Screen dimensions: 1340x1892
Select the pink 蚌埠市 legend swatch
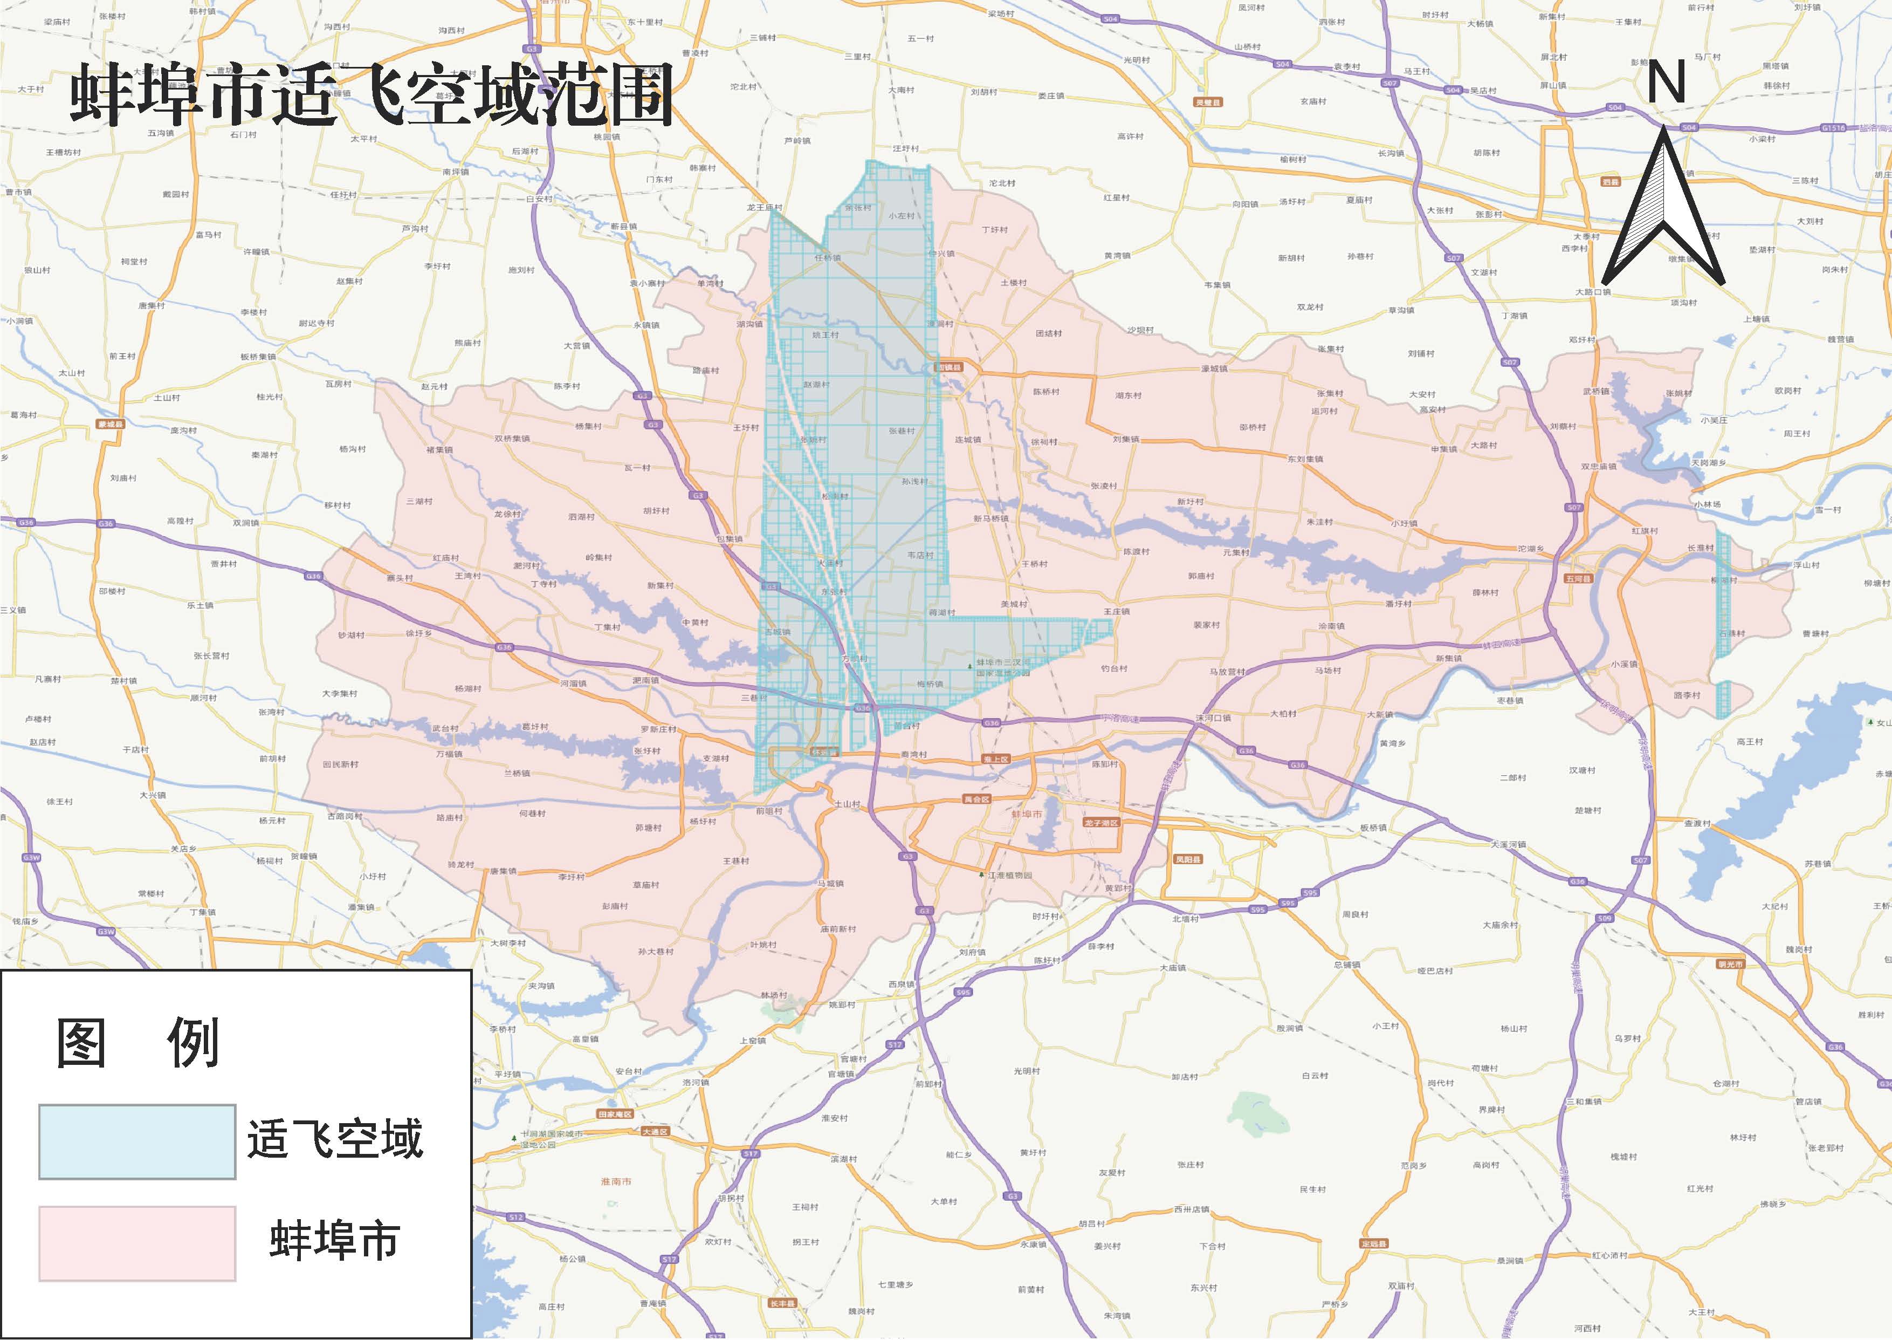coord(137,1243)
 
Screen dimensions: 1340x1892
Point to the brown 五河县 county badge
coord(1577,578)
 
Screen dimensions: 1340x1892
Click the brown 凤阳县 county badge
coord(1188,859)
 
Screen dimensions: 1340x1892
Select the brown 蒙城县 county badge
coord(109,424)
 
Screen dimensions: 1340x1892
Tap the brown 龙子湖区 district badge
coord(1101,823)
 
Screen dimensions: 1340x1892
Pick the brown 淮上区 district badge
coord(995,759)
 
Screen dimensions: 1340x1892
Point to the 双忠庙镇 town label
coord(1598,466)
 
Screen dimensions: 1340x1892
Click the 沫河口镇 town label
coord(1213,718)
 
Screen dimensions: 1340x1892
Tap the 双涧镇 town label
coord(246,522)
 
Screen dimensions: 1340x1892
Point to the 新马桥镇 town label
coord(990,518)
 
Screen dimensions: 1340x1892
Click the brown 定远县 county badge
coord(1373,1243)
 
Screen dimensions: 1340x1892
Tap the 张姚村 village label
coord(1678,394)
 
